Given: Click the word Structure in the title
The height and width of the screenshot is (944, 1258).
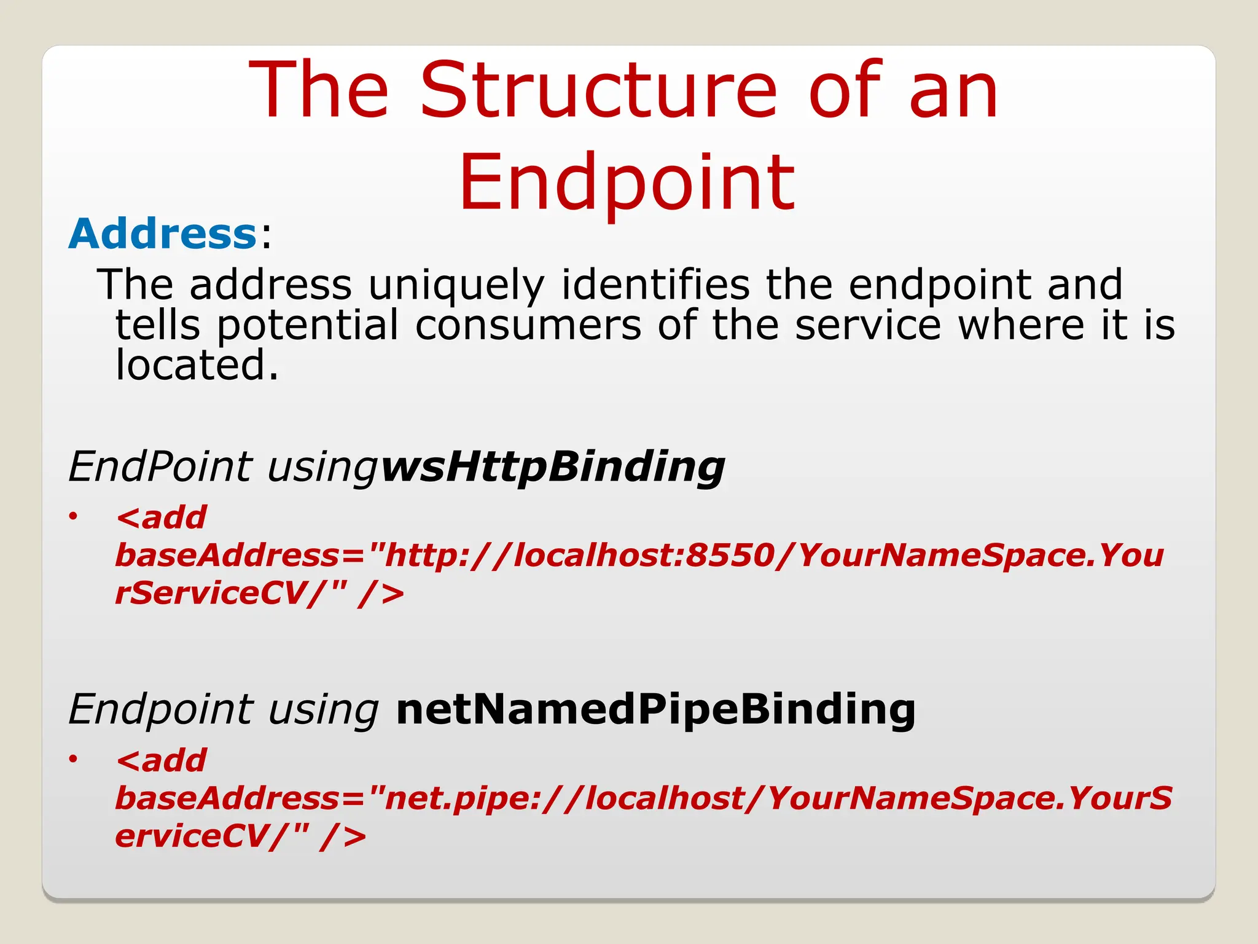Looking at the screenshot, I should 599,91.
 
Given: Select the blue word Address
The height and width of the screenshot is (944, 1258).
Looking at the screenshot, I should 162,234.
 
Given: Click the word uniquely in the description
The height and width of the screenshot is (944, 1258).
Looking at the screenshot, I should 456,285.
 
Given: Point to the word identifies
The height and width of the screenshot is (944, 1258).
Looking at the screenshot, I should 655,285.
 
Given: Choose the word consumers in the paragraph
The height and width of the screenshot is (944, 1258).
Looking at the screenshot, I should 528,325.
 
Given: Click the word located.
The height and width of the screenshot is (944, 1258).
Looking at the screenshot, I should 197,365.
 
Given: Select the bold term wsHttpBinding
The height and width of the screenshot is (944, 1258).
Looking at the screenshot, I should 552,466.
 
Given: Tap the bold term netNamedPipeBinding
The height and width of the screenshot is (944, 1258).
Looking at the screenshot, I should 655,709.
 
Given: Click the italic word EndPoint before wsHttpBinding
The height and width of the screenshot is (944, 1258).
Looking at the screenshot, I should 160,466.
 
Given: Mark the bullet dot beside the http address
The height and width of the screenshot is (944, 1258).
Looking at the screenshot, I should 73,516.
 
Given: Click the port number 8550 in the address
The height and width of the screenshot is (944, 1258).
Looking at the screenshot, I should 729,555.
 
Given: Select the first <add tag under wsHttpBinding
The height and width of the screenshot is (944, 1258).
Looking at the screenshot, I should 161,517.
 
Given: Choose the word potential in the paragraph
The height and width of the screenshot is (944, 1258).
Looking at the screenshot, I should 307,325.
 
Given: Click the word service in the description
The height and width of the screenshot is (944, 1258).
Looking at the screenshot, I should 867,325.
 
